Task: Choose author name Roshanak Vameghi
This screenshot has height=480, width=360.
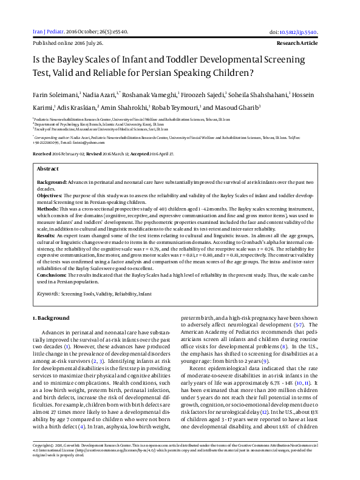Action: (151, 95)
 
